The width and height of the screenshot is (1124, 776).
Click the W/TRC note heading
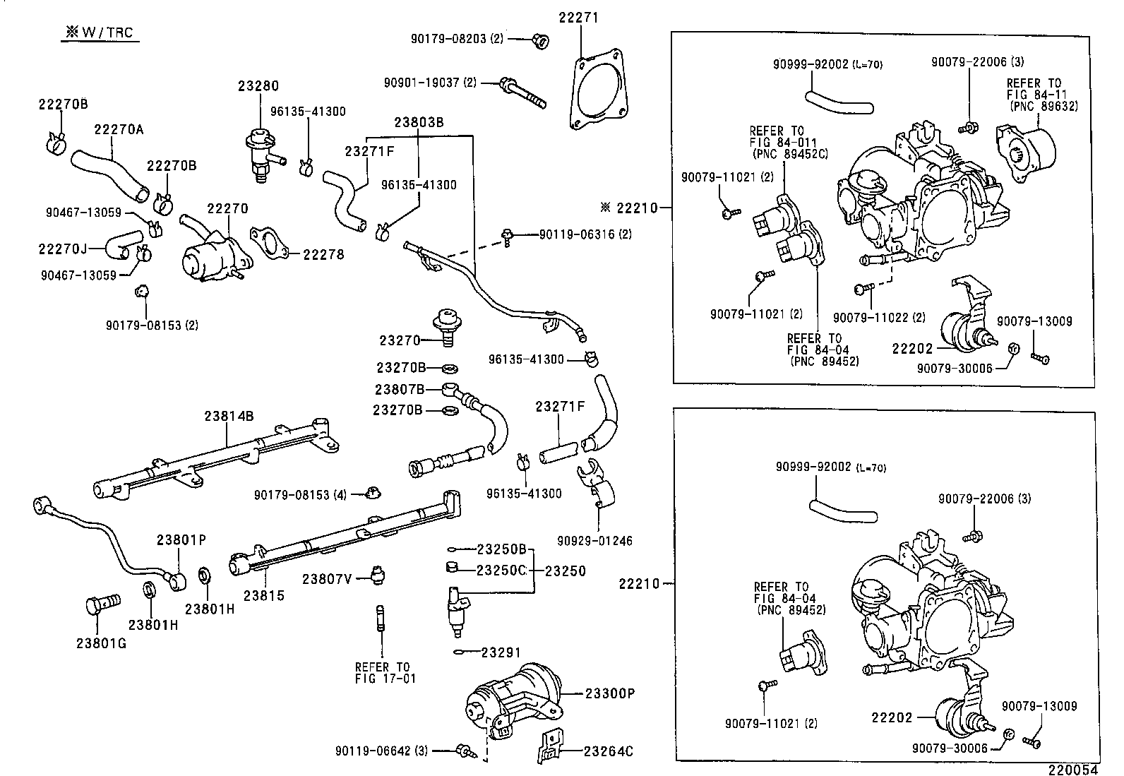point(100,32)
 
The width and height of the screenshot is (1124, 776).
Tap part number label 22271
point(578,17)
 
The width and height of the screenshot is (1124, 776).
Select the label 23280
point(258,86)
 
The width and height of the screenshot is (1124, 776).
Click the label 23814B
point(229,416)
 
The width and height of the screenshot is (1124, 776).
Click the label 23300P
point(610,693)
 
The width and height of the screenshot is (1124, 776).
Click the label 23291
point(502,653)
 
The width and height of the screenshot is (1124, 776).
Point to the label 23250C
point(501,571)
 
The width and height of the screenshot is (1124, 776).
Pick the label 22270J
point(62,249)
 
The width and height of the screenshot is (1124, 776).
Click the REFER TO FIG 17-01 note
point(381,673)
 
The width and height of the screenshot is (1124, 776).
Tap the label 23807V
point(327,579)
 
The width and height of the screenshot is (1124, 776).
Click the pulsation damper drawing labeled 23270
point(446,323)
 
